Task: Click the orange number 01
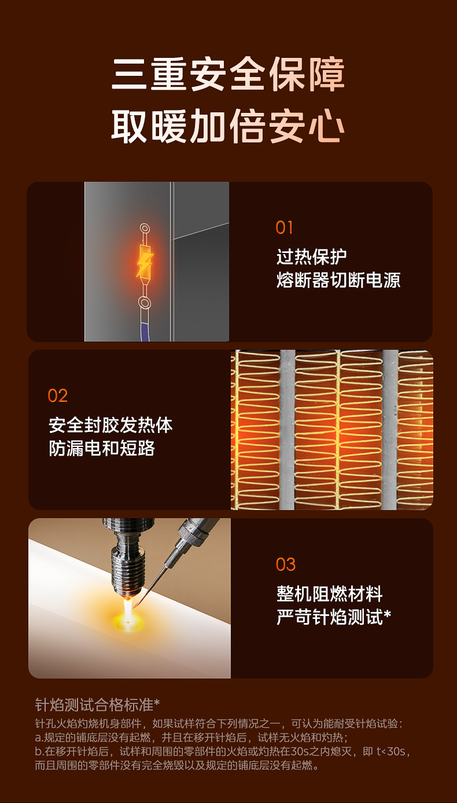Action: click(284, 228)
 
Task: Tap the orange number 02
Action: click(58, 396)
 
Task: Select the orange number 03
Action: click(285, 564)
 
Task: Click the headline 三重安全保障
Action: click(228, 74)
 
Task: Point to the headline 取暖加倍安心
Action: click(228, 126)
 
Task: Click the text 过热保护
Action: click(311, 256)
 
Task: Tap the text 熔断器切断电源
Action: click(338, 280)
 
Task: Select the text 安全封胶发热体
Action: click(110, 425)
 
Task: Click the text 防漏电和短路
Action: click(102, 448)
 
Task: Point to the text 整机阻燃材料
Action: click(329, 593)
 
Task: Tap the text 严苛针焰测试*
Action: click(333, 617)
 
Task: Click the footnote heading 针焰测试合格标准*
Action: click(97, 705)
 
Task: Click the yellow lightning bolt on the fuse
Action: click(145, 264)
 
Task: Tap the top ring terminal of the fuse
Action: click(145, 228)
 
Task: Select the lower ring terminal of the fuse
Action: click(145, 303)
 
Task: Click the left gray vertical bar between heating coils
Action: click(287, 430)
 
